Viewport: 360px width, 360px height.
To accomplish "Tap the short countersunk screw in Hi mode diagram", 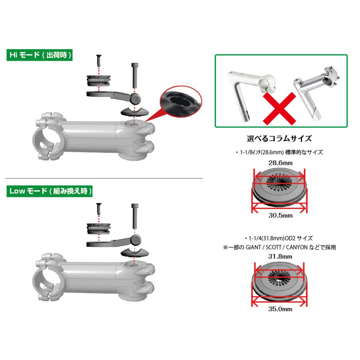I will [x=97, y=61].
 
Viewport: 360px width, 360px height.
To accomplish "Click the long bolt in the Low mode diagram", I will [x=135, y=218].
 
